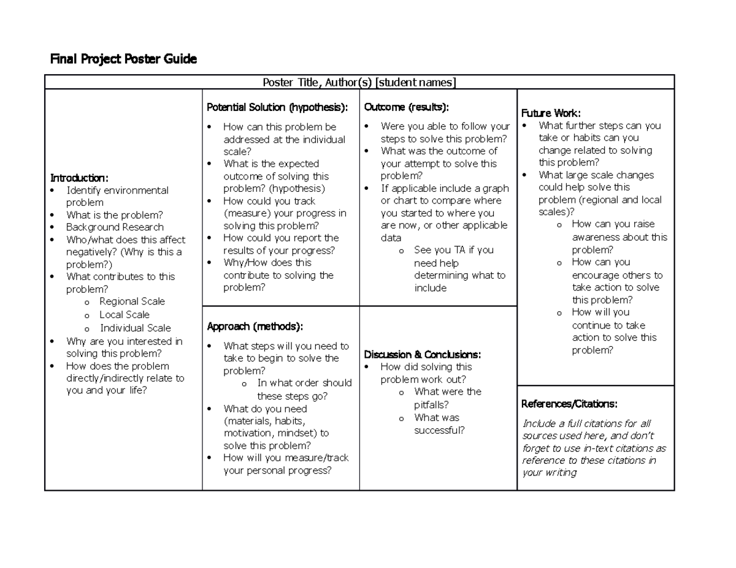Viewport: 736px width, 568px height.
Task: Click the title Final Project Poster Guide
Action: (x=123, y=59)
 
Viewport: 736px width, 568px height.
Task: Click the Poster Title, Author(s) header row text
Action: (x=359, y=82)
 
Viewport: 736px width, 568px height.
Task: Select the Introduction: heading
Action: (x=79, y=178)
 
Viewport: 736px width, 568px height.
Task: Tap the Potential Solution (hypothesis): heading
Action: (x=277, y=107)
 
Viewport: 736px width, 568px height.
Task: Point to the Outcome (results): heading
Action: (x=406, y=107)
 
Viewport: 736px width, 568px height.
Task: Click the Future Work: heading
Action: (x=550, y=113)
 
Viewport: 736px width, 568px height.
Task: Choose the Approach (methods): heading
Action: (x=255, y=325)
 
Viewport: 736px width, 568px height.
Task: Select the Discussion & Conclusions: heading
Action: (x=422, y=354)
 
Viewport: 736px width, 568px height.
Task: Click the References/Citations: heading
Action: (x=569, y=404)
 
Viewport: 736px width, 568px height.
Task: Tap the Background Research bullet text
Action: (x=115, y=227)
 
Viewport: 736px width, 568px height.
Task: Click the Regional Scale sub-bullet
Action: (x=132, y=301)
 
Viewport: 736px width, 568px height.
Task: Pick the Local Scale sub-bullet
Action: (x=125, y=314)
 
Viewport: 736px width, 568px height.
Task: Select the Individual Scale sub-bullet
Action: (x=135, y=328)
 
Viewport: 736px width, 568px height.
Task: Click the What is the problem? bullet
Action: (x=114, y=215)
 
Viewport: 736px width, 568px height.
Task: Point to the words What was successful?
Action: (x=439, y=424)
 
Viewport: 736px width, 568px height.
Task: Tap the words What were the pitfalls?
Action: (x=447, y=398)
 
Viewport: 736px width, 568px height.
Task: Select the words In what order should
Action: (x=304, y=383)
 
